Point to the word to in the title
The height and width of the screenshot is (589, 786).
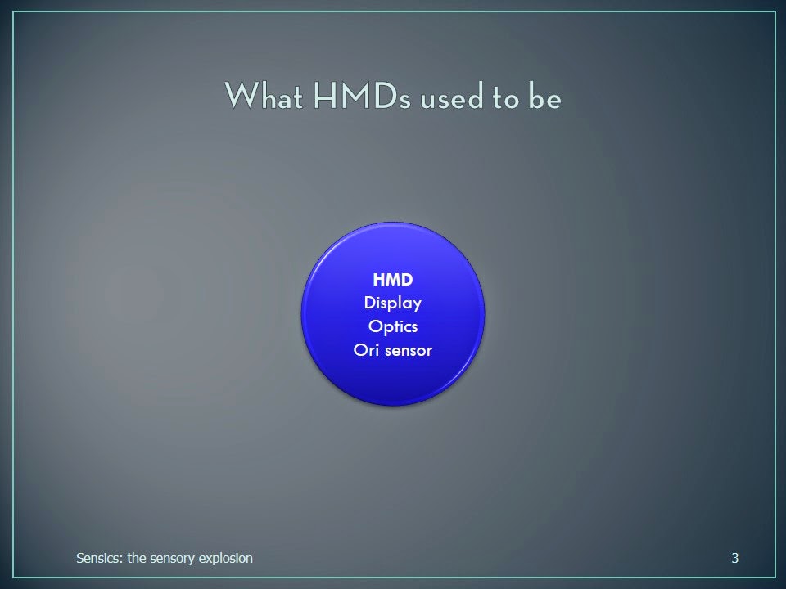(505, 97)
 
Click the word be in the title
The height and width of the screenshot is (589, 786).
(545, 97)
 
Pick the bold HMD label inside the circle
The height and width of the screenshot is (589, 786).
(393, 280)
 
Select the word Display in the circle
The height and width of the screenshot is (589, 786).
(393, 303)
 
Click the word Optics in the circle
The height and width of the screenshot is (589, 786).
(393, 326)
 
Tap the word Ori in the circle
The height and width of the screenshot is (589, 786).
(366, 349)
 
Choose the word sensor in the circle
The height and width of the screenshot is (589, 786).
(409, 351)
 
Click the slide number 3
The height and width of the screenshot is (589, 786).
(735, 558)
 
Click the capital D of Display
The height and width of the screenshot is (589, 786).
(370, 303)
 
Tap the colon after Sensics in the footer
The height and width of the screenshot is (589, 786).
(121, 560)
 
